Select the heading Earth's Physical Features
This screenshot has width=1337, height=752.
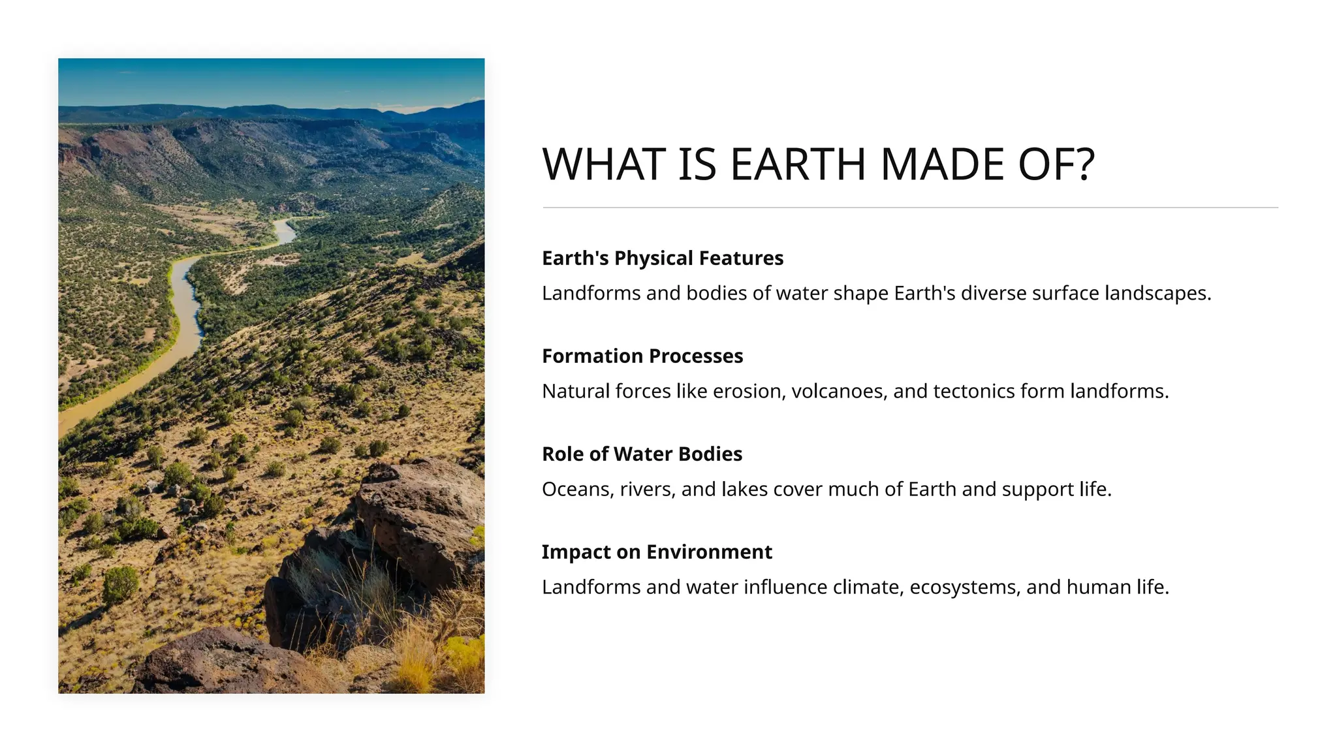662,258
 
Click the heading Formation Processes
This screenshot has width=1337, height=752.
642,356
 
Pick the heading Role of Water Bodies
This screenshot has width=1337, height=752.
642,454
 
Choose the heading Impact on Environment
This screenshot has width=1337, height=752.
657,552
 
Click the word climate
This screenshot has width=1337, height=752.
868,587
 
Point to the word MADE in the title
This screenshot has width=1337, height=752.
942,164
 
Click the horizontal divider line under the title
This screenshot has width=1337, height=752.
910,208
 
